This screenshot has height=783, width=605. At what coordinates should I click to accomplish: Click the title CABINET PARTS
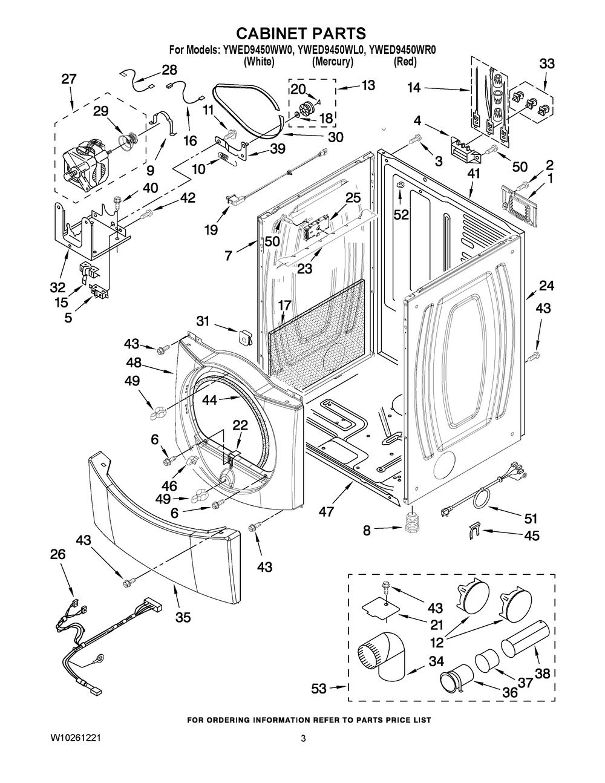point(301,33)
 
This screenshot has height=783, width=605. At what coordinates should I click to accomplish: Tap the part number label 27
point(70,79)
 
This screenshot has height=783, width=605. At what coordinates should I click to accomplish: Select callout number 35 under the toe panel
point(183,617)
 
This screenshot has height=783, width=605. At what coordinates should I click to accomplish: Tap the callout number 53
point(319,688)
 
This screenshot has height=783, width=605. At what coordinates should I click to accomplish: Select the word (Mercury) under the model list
point(333,62)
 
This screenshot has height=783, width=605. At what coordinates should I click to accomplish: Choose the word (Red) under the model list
point(405,62)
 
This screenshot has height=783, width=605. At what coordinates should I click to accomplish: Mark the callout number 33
point(546,63)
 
